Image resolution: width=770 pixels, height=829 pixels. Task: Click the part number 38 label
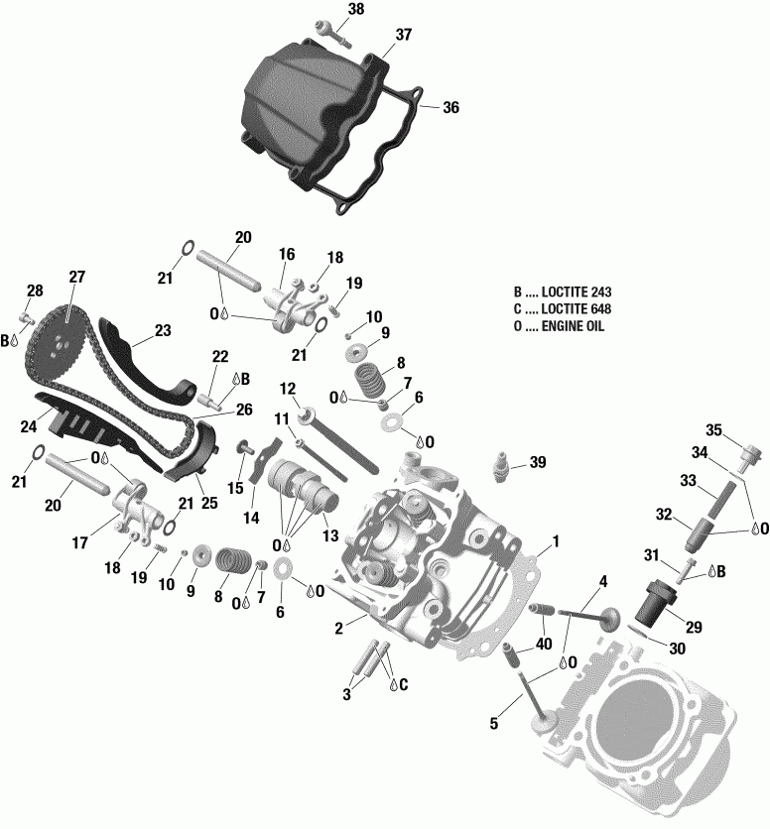(328, 10)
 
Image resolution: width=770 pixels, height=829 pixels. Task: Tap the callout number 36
(450, 109)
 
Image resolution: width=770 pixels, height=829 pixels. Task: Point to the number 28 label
(35, 291)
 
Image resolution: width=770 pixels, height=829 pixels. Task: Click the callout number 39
(538, 463)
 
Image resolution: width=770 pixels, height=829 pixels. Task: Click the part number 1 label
(556, 541)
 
